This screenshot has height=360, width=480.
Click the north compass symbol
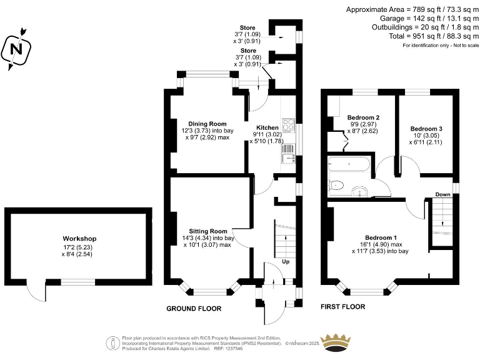(17, 47)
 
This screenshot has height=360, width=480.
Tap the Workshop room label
(79, 239)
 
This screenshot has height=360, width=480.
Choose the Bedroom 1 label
(381, 237)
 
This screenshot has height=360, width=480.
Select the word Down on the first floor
(443, 194)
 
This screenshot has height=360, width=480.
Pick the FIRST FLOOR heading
(342, 307)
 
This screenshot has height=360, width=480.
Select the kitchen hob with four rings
(289, 125)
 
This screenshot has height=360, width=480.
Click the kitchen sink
(289, 157)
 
